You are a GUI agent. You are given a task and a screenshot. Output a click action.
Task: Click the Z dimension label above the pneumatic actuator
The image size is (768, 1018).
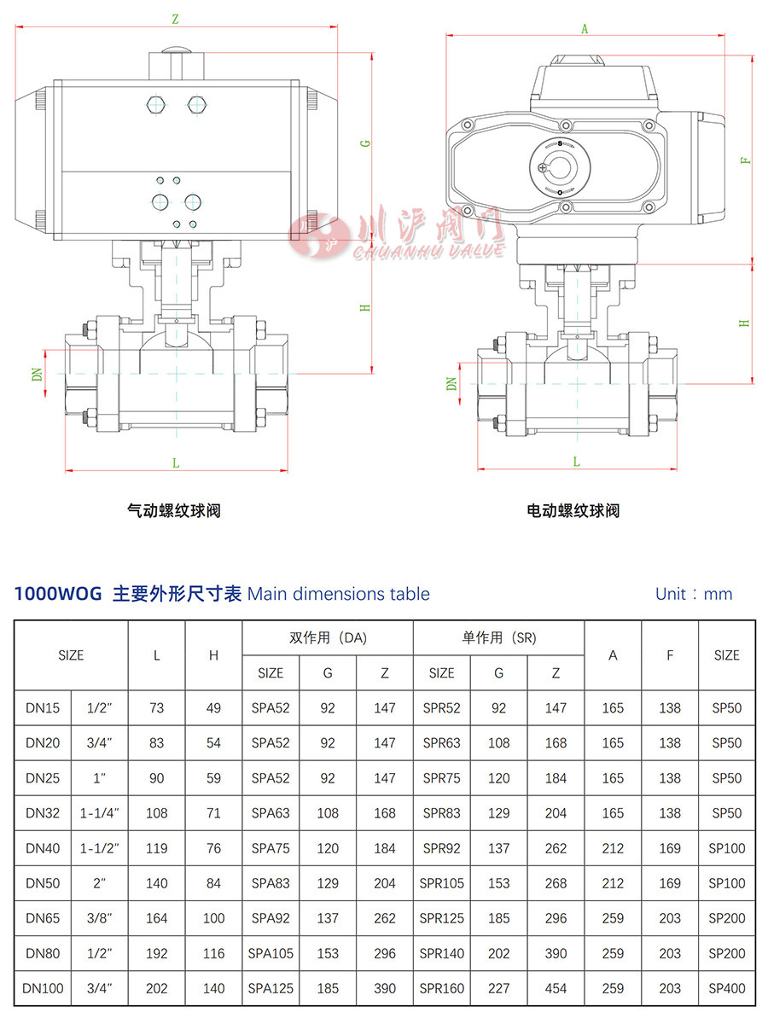click(x=175, y=18)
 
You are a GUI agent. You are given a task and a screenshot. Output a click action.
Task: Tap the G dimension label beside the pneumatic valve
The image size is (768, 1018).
click(x=365, y=143)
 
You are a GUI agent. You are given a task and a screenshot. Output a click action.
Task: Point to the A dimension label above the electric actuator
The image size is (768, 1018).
click(x=585, y=28)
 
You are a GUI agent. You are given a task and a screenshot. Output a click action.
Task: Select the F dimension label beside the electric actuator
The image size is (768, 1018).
click(x=745, y=160)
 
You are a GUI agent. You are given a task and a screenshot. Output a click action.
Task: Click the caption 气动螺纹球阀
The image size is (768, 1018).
click(x=174, y=511)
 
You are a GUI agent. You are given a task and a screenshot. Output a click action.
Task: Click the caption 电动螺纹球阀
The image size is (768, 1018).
click(x=573, y=511)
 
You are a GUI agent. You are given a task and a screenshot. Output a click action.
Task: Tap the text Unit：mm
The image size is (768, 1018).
click(x=694, y=594)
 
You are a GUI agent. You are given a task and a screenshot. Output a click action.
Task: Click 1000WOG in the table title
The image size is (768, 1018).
click(x=58, y=594)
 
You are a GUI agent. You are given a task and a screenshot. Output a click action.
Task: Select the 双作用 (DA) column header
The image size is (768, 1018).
click(x=328, y=637)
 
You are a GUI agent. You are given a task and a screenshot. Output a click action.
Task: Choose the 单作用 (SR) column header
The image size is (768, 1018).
click(x=498, y=637)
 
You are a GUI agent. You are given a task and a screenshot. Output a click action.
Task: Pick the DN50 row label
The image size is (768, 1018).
click(x=43, y=883)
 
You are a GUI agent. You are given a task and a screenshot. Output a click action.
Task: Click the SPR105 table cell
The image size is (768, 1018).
click(x=442, y=883)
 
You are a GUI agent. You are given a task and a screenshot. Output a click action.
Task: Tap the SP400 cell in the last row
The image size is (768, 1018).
click(x=726, y=988)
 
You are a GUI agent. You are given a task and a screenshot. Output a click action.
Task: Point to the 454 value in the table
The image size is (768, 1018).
click(x=556, y=988)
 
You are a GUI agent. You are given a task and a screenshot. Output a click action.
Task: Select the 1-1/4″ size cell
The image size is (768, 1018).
click(x=100, y=813)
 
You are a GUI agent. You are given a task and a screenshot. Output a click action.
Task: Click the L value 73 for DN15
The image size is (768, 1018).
click(x=156, y=708)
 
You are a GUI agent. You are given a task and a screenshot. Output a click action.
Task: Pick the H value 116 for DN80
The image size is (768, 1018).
click(x=213, y=953)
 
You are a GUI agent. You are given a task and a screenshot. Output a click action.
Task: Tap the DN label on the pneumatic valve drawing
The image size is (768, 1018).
click(x=38, y=373)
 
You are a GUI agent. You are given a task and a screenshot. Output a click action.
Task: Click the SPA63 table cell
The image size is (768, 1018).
click(x=271, y=813)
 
